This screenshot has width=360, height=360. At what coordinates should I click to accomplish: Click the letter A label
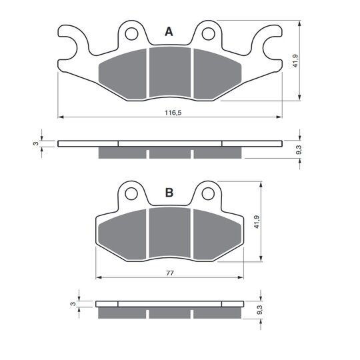point(169,32)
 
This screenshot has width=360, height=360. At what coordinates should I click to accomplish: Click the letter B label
point(169,193)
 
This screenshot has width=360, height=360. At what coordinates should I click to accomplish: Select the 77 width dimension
point(170,273)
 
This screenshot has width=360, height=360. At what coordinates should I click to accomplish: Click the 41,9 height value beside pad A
point(295,61)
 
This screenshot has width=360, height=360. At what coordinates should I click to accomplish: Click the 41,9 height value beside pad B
point(257,222)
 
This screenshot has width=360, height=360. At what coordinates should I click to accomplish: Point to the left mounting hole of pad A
point(131,34)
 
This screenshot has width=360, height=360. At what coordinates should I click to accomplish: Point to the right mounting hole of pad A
point(208,34)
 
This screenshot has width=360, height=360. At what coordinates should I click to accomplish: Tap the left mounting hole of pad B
point(131,194)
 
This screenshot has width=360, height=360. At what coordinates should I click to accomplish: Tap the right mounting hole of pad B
point(208,194)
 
